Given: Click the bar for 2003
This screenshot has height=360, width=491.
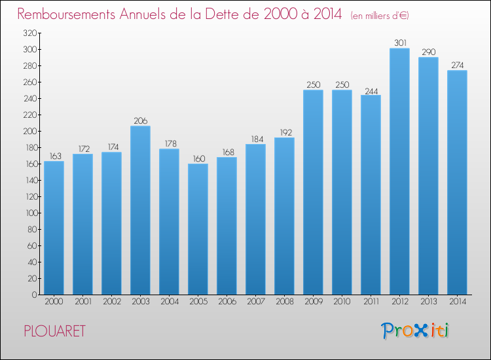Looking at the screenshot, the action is tap(140, 210).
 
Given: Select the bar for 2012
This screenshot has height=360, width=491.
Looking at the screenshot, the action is tap(399, 171).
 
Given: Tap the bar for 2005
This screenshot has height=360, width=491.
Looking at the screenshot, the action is tap(198, 229).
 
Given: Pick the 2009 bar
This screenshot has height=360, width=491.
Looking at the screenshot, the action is tap(313, 192).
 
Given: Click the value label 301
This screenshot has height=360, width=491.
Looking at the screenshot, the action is tap(400, 43).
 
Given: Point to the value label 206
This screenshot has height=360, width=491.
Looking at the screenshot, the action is tap(140, 121).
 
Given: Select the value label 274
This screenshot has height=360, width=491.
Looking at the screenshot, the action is tap(457, 65).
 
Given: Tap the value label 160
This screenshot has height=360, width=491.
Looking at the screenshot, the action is tap(198, 158).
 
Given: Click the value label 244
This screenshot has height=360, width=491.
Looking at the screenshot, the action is tap(371, 92).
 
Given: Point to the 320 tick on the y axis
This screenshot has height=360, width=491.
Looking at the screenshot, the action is tap(30, 33).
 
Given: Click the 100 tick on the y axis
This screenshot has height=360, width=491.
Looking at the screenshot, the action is tap(31, 213).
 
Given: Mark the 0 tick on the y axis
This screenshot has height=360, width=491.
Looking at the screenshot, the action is tap(35, 295).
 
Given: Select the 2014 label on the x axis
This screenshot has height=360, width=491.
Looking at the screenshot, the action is tap(458, 302).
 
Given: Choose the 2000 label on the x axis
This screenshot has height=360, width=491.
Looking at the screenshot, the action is tap(54, 302).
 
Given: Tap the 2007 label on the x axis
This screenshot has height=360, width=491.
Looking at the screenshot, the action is tap(256, 302).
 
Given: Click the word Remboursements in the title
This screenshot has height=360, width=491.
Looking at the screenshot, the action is tap(66, 14).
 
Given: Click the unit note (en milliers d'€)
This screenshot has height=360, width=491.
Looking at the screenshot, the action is tap(380, 16).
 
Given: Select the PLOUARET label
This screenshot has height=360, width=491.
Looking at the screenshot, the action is tap(54, 331).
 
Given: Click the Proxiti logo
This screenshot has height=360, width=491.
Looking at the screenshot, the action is tap(415, 331).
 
